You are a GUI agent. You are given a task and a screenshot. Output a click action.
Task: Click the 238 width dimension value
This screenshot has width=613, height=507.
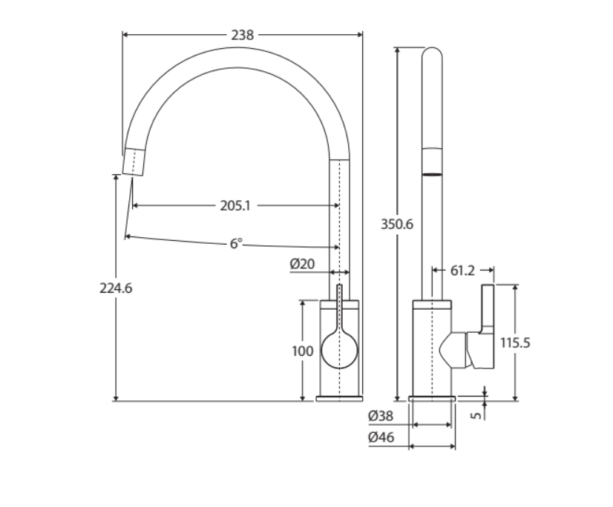(242, 35)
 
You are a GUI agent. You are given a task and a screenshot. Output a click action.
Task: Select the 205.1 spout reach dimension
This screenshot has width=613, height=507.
(235, 206)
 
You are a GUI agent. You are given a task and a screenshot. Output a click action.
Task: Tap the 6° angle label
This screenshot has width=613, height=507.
(235, 243)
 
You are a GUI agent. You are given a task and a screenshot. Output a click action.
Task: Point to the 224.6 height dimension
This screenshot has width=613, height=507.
(116, 288)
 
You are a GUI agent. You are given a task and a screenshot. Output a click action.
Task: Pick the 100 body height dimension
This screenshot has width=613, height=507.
(302, 351)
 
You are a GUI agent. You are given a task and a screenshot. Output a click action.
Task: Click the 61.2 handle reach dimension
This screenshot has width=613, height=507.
(462, 271)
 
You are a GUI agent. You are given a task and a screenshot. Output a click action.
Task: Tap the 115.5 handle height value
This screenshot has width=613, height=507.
(515, 343)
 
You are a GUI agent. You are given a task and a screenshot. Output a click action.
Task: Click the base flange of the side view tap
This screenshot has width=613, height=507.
(432, 399)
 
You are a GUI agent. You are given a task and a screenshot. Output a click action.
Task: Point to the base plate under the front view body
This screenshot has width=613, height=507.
(339, 399)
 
